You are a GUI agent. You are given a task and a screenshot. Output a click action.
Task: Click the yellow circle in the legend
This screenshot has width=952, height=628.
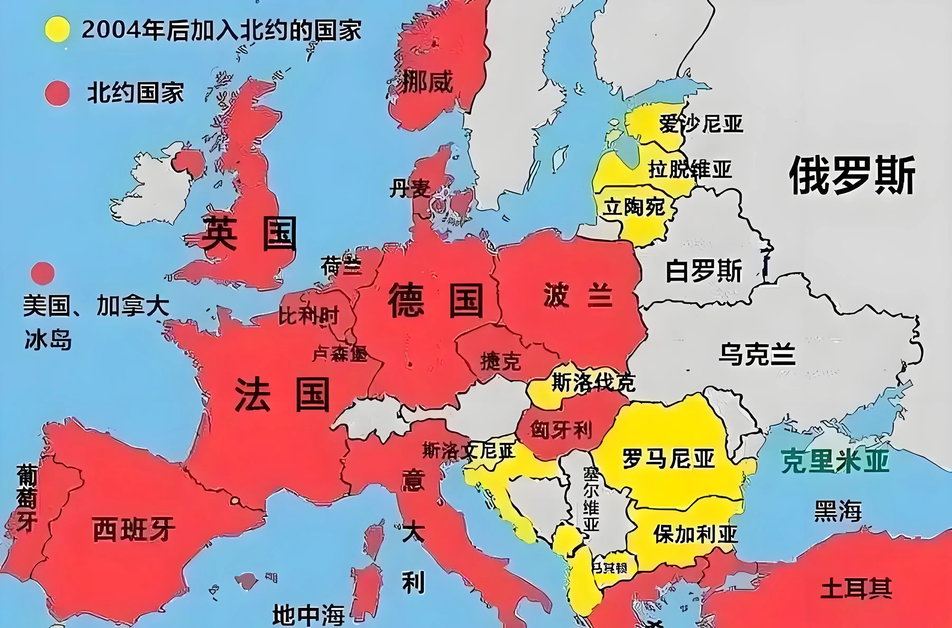tap(57, 29)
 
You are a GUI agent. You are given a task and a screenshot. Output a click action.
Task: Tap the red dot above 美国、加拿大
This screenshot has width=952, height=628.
tap(43, 273)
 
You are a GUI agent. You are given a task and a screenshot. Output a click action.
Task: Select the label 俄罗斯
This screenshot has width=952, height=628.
tap(852, 175)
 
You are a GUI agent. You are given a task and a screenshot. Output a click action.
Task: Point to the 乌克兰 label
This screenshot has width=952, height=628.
tap(757, 354)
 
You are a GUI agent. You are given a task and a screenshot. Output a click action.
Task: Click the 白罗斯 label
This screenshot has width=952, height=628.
tap(704, 271)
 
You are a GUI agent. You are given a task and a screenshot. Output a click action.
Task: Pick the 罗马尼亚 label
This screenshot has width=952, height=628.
tap(669, 459)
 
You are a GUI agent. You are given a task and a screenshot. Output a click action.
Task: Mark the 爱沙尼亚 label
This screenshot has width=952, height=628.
tap(701, 123)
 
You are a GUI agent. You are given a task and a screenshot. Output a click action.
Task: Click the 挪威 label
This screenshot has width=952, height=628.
tap(427, 82)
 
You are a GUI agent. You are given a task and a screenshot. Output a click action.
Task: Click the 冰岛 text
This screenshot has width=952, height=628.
tap(48, 340)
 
